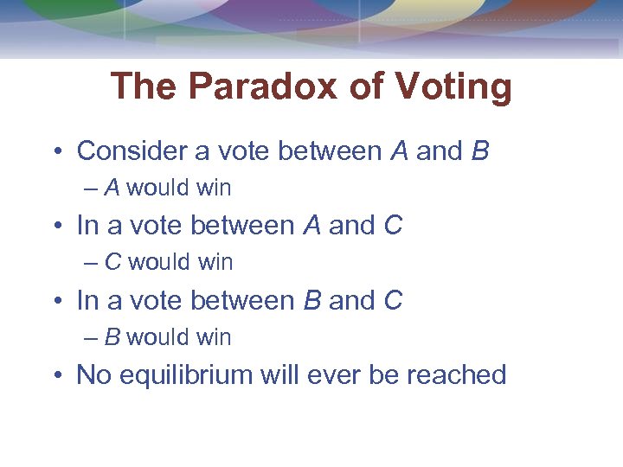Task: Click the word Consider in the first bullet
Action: pyautogui.click(x=131, y=151)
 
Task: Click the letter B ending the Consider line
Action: pyautogui.click(x=480, y=151)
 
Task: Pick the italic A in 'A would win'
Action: pyautogui.click(x=112, y=188)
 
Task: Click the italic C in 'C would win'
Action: pyautogui.click(x=112, y=262)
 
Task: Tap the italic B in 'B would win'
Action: pyautogui.click(x=112, y=337)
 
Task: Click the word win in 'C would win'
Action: pyautogui.click(x=215, y=262)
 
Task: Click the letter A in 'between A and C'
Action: pyautogui.click(x=311, y=226)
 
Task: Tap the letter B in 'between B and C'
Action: pyautogui.click(x=312, y=301)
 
